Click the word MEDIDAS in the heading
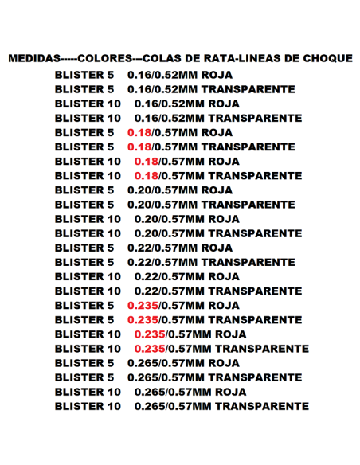pos(33,59)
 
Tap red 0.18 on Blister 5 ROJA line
pos(139,132)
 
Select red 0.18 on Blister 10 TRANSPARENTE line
pos(147,175)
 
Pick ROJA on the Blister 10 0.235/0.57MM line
pos(230,334)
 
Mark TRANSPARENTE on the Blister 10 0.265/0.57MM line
pos(262,406)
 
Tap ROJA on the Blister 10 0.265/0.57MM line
pos(230,392)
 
